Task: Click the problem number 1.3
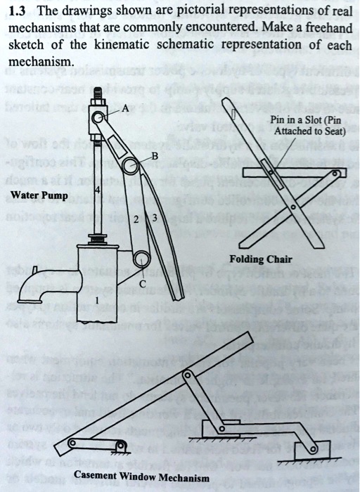click(x=20, y=13)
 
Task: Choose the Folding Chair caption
click(x=270, y=259)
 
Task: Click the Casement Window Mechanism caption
click(x=141, y=477)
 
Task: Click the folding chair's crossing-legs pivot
click(x=292, y=208)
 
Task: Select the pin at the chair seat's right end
click(x=338, y=173)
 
